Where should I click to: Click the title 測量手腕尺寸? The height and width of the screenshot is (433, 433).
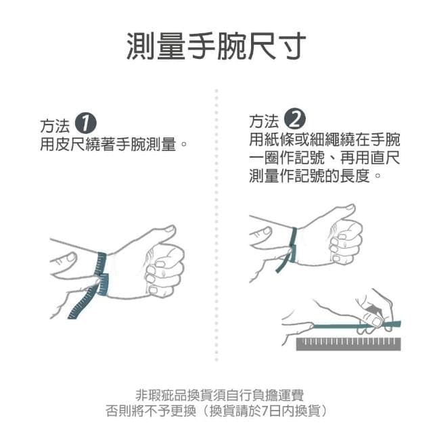216,45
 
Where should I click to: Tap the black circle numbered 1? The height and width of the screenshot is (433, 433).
85,124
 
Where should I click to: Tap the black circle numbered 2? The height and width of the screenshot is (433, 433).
296,122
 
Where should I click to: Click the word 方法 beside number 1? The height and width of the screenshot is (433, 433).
54,125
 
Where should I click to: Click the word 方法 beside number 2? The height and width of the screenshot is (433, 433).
264,122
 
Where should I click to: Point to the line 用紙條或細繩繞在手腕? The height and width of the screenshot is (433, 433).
324,140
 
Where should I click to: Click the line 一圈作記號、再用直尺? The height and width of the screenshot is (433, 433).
324,158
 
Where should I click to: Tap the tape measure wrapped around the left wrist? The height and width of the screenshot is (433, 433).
102,273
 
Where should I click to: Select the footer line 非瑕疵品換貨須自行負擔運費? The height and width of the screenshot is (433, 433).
216,395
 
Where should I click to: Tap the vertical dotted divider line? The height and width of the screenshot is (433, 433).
216,223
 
